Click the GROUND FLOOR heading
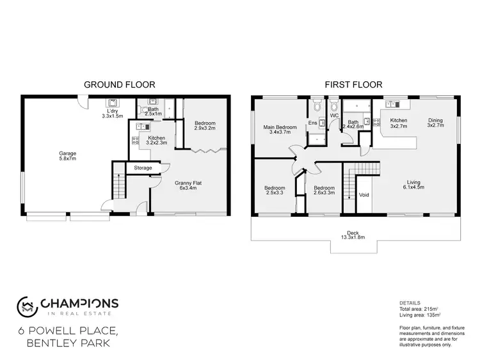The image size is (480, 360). (120, 84)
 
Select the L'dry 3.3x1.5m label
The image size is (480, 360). (113, 114)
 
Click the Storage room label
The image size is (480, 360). (143, 168)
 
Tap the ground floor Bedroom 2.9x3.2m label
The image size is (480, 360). (205, 125)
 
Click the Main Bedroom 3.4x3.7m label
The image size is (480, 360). (280, 130)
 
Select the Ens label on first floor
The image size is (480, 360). (312, 123)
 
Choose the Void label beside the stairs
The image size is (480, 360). (364, 194)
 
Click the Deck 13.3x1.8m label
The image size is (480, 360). (352, 235)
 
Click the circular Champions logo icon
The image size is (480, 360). (26, 305)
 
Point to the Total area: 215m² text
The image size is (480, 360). (420, 308)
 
